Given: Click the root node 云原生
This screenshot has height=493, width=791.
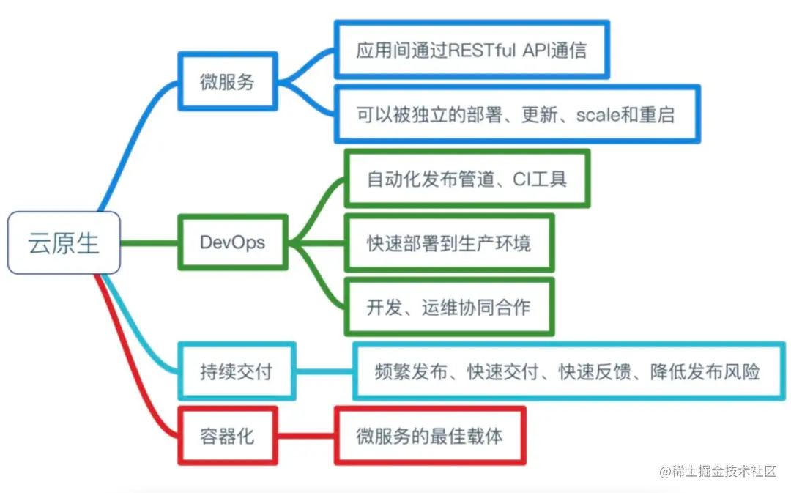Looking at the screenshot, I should [x=64, y=243].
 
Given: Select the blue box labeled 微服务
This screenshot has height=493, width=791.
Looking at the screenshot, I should [x=228, y=82].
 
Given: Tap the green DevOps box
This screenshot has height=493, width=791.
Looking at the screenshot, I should [x=233, y=242].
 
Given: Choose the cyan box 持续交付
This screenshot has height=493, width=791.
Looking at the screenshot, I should [x=237, y=371].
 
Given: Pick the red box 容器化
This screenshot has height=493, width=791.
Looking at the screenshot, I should [x=228, y=435].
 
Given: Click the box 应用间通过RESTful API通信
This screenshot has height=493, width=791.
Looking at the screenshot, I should [x=472, y=50].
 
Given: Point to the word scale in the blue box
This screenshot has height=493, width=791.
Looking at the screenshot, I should [x=598, y=115].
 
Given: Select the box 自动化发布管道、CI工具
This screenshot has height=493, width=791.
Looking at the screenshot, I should [x=467, y=179].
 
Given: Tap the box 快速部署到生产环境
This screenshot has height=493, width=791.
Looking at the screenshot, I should [x=449, y=242].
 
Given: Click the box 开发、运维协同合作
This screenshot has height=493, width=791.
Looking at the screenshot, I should [x=449, y=306].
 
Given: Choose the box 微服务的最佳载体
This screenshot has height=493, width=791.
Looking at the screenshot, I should [x=430, y=435].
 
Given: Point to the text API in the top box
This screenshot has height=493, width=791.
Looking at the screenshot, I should [x=540, y=50].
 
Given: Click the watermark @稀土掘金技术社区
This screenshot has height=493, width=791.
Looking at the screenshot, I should [x=718, y=471].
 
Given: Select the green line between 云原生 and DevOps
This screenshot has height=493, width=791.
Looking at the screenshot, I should [x=149, y=242].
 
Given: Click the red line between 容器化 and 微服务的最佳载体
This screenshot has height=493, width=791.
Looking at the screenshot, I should [x=306, y=435].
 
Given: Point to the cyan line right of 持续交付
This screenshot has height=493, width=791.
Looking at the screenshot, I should [x=324, y=371].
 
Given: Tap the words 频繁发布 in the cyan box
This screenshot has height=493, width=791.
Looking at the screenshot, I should [x=405, y=371].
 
